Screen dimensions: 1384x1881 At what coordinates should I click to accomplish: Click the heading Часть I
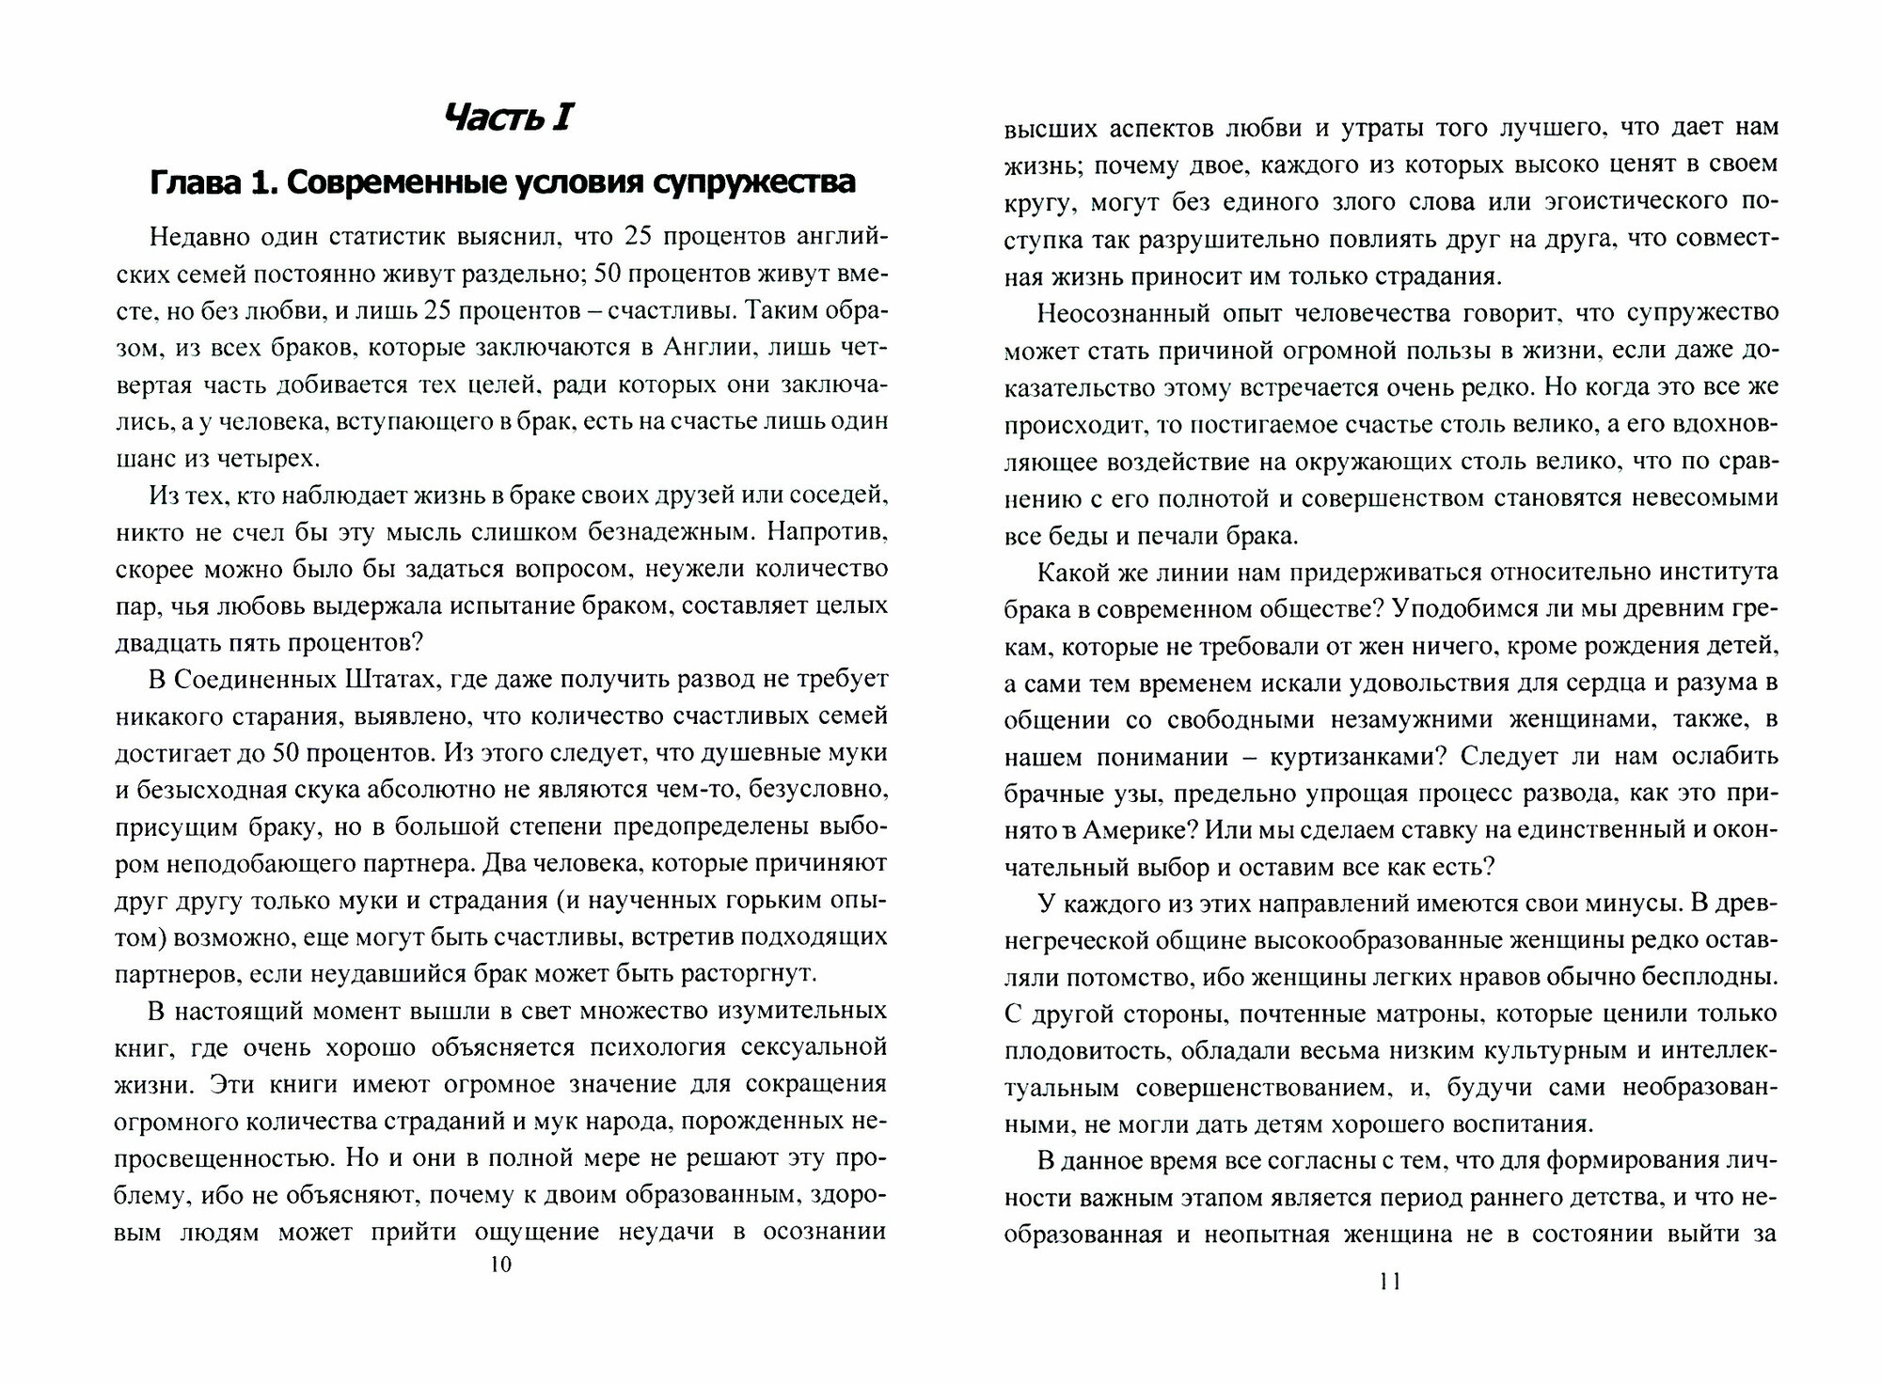click(x=507, y=118)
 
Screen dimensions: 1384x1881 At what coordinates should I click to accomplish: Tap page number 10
click(x=501, y=1265)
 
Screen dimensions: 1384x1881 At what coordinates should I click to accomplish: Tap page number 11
click(x=1391, y=1281)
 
